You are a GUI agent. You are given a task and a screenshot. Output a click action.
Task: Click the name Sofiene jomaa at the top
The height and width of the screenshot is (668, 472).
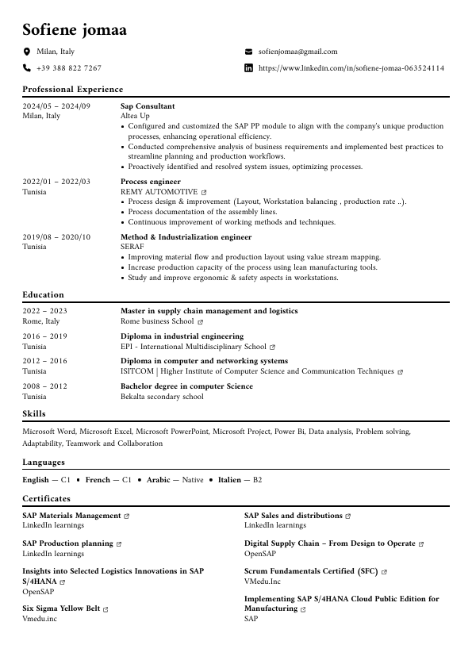pyautogui.click(x=74, y=30)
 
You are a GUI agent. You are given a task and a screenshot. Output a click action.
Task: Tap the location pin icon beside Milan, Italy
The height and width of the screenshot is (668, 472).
pyautogui.click(x=27, y=52)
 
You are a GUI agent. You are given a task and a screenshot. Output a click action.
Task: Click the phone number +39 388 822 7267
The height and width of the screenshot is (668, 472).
pyautogui.click(x=69, y=68)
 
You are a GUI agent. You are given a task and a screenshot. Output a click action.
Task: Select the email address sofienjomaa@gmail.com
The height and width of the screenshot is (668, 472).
pyautogui.click(x=298, y=52)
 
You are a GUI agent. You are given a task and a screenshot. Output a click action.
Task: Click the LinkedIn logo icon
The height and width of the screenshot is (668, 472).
pyautogui.click(x=249, y=68)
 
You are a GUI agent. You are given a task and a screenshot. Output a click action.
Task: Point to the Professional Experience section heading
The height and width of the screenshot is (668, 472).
pyautogui.click(x=73, y=90)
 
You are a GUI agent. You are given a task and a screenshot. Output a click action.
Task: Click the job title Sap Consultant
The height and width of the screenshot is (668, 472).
pyautogui.click(x=148, y=106)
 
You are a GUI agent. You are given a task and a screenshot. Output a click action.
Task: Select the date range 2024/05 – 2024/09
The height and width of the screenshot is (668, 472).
pyautogui.click(x=56, y=106)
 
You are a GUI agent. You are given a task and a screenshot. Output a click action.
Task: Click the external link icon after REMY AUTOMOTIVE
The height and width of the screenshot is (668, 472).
pyautogui.click(x=204, y=193)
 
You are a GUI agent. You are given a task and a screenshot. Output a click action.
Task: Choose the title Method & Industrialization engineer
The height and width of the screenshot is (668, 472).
pyautogui.click(x=186, y=237)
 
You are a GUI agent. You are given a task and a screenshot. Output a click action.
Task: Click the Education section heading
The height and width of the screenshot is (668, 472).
pyautogui.click(x=44, y=295)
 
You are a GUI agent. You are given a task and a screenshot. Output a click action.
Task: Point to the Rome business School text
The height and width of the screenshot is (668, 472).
pyautogui.click(x=157, y=321)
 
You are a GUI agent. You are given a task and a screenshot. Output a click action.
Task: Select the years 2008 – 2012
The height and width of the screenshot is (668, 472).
pyautogui.click(x=45, y=386)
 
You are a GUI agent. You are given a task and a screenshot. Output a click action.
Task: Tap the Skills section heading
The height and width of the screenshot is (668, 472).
pyautogui.click(x=34, y=414)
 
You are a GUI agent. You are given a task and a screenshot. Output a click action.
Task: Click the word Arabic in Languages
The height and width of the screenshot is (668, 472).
pyautogui.click(x=158, y=480)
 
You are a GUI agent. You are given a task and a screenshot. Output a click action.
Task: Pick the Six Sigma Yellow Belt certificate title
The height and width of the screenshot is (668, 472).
pyautogui.click(x=61, y=608)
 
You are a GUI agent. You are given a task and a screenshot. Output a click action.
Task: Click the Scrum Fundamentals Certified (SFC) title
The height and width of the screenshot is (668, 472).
pyautogui.click(x=311, y=571)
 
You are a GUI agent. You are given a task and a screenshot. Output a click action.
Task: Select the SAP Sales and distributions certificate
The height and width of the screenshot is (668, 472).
pyautogui.click(x=293, y=516)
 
